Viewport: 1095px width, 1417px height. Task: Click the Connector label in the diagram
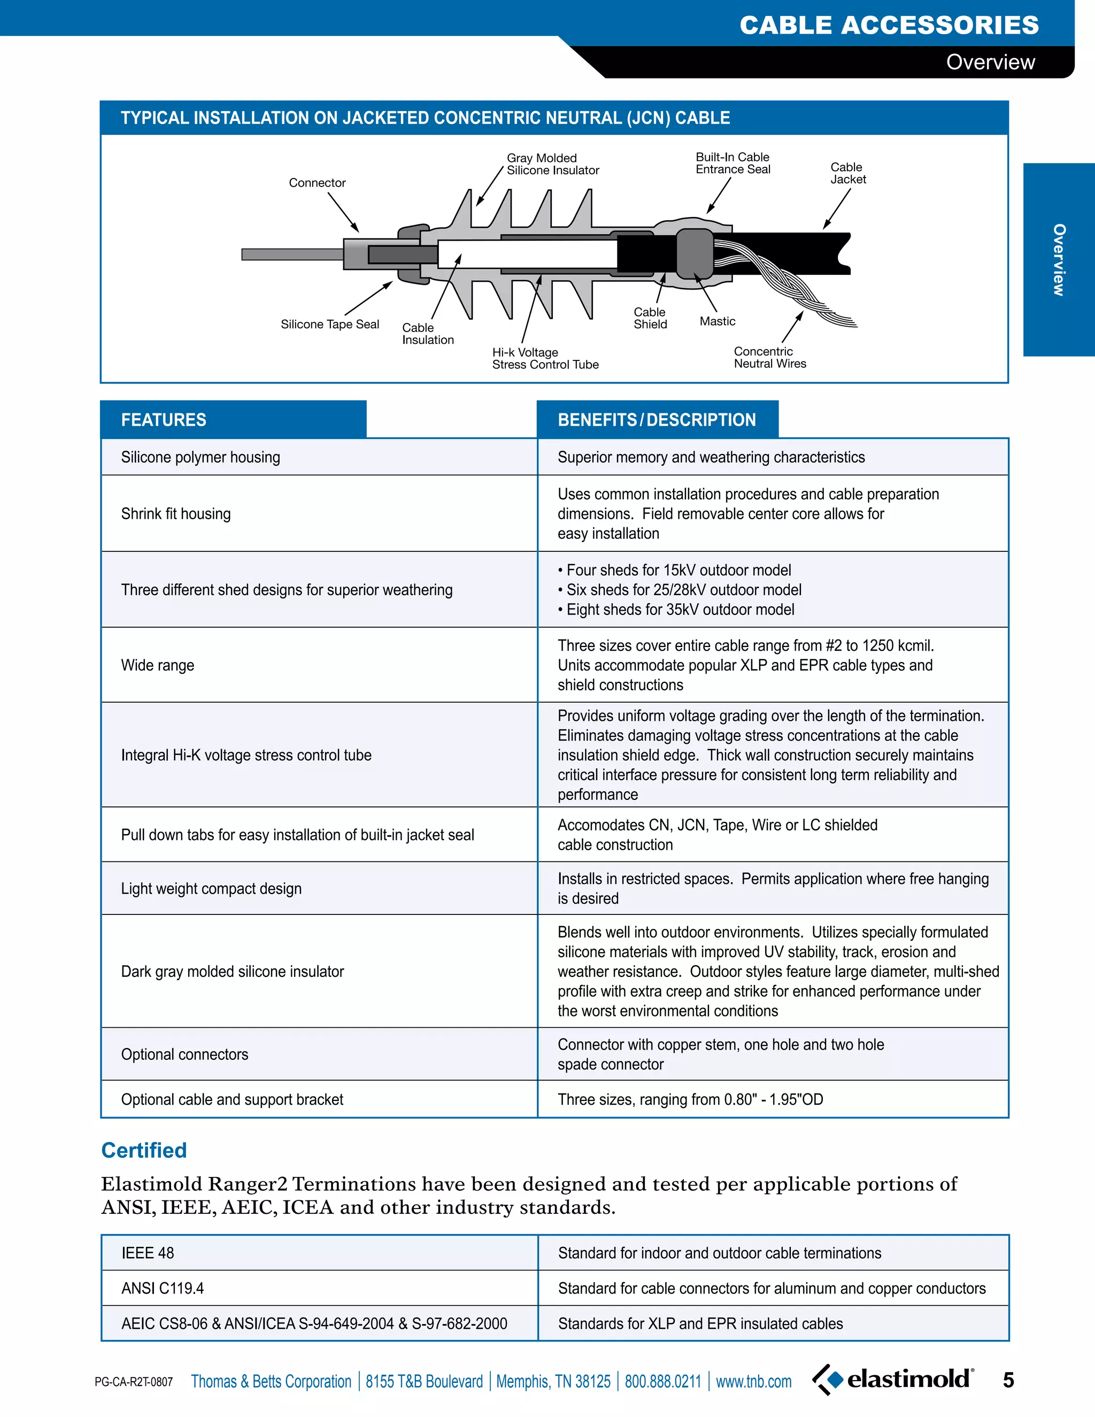[317, 183]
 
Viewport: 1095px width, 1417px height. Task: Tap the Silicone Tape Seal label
[329, 325]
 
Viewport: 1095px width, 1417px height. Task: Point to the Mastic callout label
[718, 321]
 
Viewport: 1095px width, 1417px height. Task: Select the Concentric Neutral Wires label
[769, 358]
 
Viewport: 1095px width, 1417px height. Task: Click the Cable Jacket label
[848, 173]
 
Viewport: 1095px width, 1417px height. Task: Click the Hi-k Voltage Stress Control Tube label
[545, 358]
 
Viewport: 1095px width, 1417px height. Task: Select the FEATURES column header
[164, 420]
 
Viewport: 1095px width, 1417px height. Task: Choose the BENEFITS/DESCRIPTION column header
[657, 420]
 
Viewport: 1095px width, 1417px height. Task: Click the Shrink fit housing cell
[176, 514]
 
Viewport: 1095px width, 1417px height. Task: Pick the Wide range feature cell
[158, 665]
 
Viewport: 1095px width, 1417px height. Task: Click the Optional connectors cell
[185, 1054]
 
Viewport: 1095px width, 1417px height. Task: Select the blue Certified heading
[144, 1150]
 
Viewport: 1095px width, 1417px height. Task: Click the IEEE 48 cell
[148, 1253]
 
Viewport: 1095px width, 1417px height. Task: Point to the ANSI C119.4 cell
[163, 1288]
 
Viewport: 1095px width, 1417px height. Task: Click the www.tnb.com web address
[753, 1381]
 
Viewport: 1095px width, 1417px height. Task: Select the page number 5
[1008, 1380]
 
